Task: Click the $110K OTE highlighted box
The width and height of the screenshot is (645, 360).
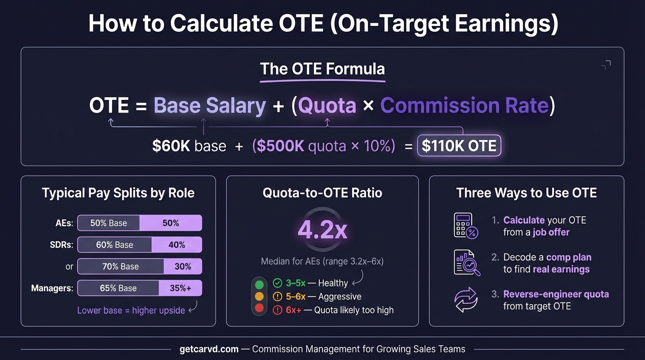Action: pyautogui.click(x=459, y=146)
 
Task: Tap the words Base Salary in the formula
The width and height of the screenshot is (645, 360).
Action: pyautogui.click(x=210, y=105)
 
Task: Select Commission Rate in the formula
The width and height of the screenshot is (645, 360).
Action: pyautogui.click(x=464, y=105)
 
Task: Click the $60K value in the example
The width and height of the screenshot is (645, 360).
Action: pyautogui.click(x=171, y=146)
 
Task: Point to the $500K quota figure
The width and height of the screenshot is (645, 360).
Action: pyautogui.click(x=280, y=146)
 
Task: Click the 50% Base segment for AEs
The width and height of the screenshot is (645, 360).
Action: pyautogui.click(x=109, y=223)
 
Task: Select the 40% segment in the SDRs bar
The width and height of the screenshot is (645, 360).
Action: pyautogui.click(x=177, y=245)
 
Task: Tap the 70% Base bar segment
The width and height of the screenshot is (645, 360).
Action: pyautogui.click(x=120, y=266)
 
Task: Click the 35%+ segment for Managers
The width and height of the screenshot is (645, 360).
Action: pyautogui.click(x=180, y=288)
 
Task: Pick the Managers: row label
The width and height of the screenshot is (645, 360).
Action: pyautogui.click(x=52, y=288)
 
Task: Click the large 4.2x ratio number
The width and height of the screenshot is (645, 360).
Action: pyautogui.click(x=322, y=230)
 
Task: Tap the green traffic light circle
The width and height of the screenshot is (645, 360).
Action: pyautogui.click(x=259, y=284)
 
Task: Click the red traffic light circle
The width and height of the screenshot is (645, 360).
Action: pyautogui.click(x=259, y=309)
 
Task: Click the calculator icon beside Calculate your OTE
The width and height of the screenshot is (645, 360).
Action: pyautogui.click(x=465, y=225)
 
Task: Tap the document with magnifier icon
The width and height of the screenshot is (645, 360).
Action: pyautogui.click(x=466, y=262)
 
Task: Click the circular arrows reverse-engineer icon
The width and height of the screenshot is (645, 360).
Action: pyautogui.click(x=466, y=300)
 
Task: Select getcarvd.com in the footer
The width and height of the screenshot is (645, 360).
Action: pyautogui.click(x=209, y=349)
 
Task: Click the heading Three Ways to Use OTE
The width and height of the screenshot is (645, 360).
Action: pyautogui.click(x=526, y=193)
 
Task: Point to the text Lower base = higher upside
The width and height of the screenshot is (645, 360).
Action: pyautogui.click(x=131, y=310)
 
